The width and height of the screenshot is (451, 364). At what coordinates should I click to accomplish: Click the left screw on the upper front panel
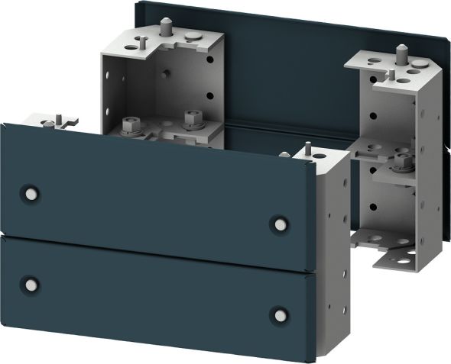(x=30, y=191)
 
